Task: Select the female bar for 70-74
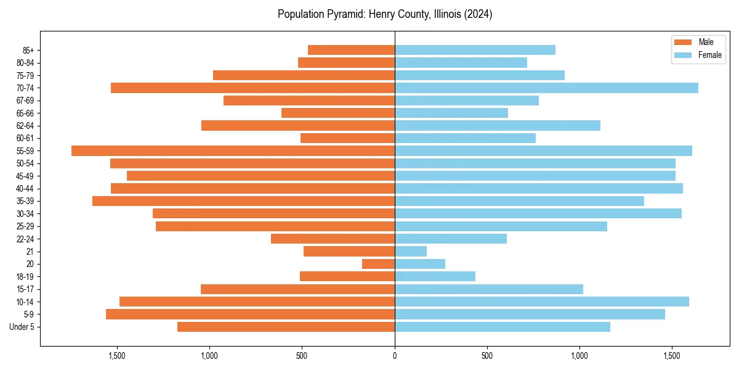546,88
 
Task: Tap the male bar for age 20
378,264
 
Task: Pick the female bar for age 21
411,252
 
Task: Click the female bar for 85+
475,50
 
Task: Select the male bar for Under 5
286,327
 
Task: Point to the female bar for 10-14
542,302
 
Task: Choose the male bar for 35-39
243,201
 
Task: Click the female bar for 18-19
435,277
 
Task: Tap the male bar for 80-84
346,63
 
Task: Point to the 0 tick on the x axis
395,355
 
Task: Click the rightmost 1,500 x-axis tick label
672,355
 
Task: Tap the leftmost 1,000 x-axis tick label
209,355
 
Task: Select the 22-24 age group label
25,239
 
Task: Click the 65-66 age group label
25,113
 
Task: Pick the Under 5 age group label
22,327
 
